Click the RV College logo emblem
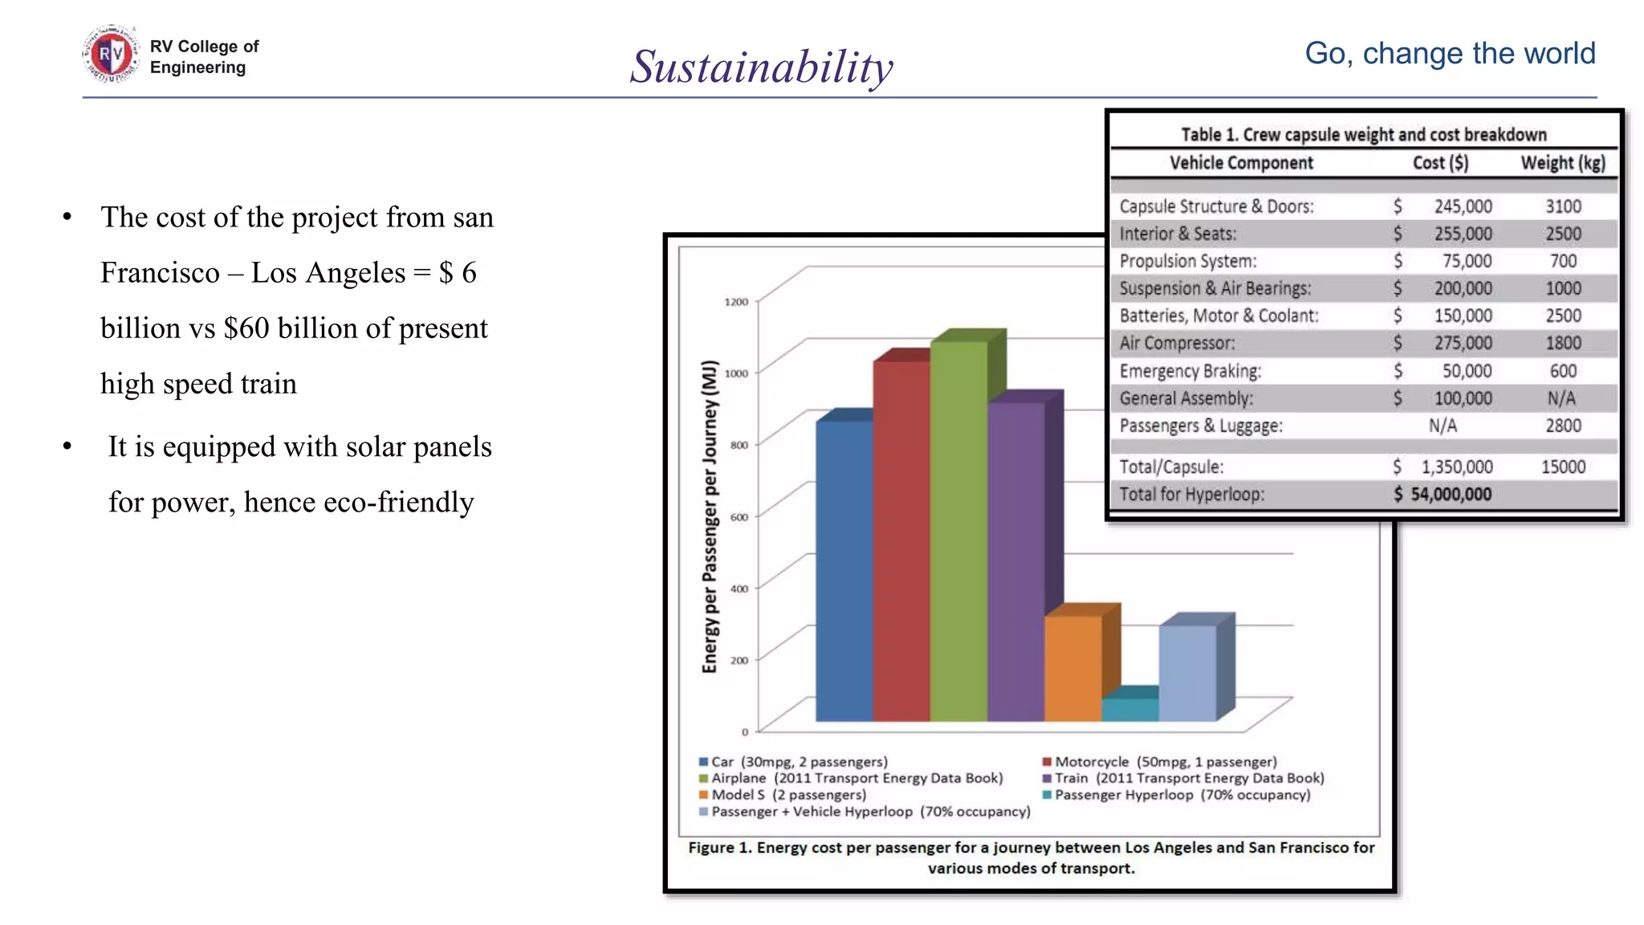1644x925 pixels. pos(111,55)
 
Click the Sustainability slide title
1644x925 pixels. pos(761,67)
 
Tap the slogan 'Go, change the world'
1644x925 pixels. pos(1450,54)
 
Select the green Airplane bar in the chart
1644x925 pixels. pos(958,530)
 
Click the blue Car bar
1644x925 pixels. pos(844,570)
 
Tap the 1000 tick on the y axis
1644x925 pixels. pos(736,373)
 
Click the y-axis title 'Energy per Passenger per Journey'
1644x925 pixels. pos(710,516)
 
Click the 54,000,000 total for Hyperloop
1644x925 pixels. pos(1451,495)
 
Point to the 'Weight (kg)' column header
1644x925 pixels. pos(1563,163)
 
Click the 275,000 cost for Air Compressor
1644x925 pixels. pos(1463,344)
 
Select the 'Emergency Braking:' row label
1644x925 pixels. pos(1190,371)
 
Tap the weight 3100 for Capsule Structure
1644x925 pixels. pos(1563,206)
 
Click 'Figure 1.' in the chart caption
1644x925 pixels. pos(719,848)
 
